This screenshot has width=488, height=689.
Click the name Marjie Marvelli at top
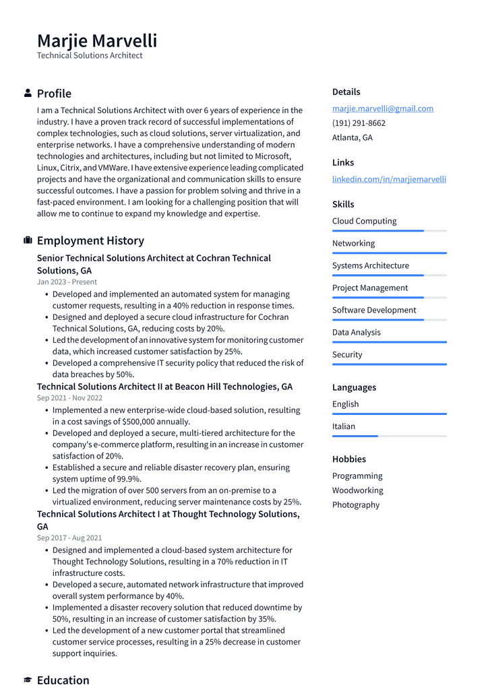point(97,40)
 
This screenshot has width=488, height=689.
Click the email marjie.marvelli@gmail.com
point(382,108)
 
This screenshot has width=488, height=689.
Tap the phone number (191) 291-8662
point(359,123)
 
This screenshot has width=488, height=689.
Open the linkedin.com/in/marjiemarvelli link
point(389,179)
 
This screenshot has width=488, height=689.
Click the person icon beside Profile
point(28,93)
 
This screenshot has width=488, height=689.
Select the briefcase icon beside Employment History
point(28,240)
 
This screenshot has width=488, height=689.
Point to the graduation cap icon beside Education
point(28,680)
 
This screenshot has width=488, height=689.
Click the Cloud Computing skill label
point(364,221)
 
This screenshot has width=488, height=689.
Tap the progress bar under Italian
point(389,436)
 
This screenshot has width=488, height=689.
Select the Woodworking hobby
point(357,490)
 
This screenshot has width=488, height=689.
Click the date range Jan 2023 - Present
point(67,282)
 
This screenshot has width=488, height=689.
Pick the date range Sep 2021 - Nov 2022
point(69,398)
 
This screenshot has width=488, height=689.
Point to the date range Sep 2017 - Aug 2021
point(69,538)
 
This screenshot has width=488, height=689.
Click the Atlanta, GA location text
point(352,137)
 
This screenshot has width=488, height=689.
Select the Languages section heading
point(354,387)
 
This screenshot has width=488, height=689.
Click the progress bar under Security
point(389,364)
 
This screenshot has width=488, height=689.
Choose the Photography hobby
point(356,504)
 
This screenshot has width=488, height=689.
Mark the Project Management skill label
point(370,288)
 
